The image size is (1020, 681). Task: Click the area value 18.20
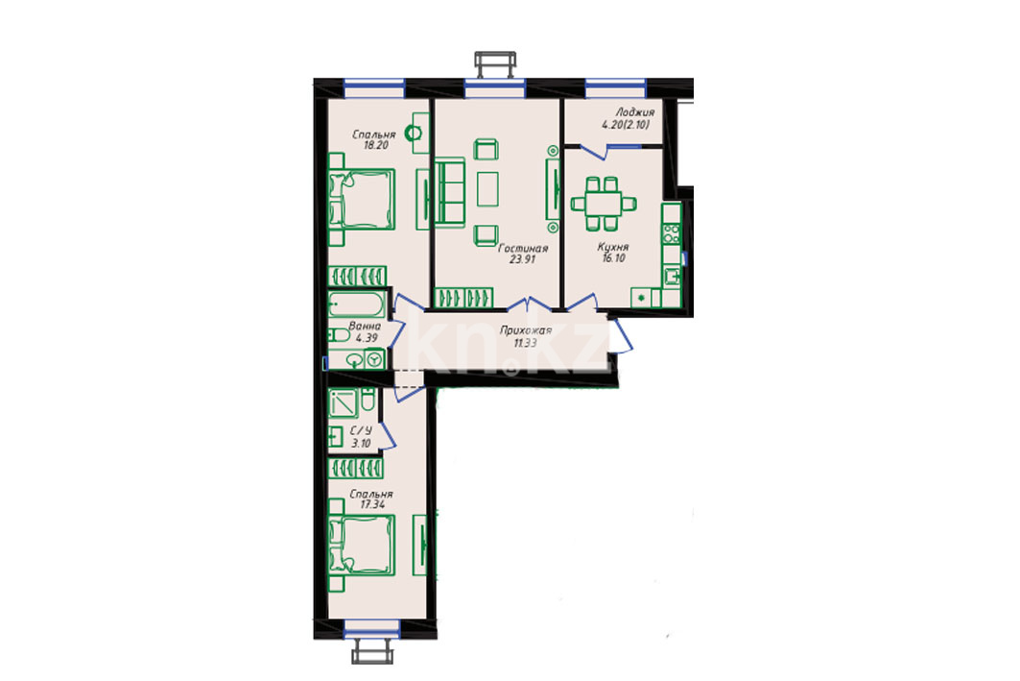coord(376,145)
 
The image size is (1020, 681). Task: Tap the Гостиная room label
coord(523,248)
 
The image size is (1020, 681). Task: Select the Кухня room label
coord(613,248)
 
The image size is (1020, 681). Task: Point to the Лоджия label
coord(635,112)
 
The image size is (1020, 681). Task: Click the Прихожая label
coord(526,330)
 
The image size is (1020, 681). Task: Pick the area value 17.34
coord(372,504)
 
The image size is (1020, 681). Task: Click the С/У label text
coord(361,431)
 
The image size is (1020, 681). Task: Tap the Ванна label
coord(365,327)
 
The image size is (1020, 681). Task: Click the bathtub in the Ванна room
coord(357,304)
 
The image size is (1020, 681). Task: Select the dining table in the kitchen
coord(603,204)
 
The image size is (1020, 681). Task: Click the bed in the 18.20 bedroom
coord(362,199)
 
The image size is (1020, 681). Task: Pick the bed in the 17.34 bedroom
coord(362,546)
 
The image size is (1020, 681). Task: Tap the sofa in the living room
coord(449,193)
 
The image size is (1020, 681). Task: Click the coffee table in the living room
coord(487,189)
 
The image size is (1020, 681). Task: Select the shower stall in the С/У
coord(343,403)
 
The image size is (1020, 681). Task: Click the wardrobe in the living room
coord(463,298)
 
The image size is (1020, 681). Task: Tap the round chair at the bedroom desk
coord(413,134)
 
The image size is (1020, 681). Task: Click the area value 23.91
coord(522,259)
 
